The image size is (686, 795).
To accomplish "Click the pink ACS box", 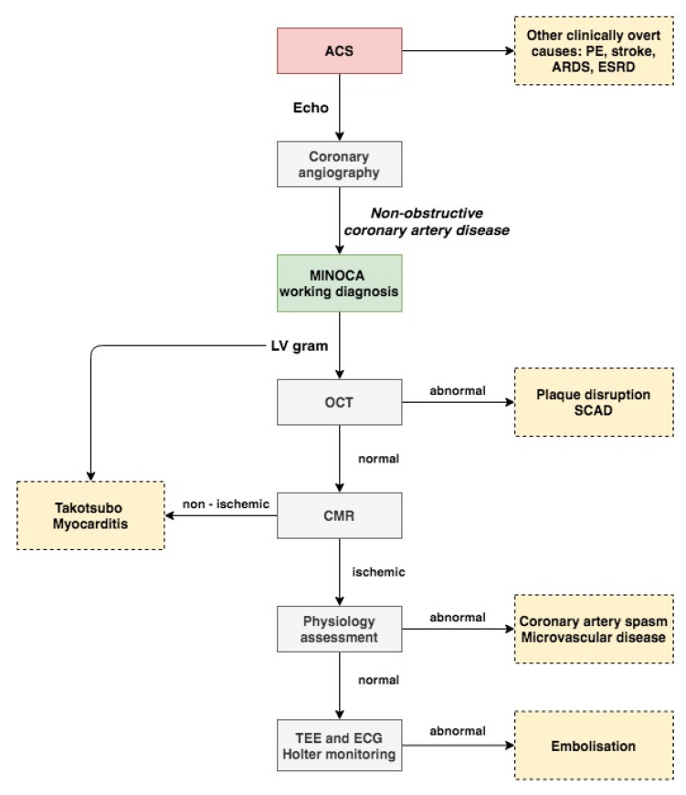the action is [340, 50].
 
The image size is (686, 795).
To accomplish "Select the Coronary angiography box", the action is [340, 164].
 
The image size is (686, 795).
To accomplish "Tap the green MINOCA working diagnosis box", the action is [340, 283].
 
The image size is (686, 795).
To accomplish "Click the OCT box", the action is [340, 402].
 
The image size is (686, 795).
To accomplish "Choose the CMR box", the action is [340, 515].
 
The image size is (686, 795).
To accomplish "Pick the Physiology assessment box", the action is [340, 630].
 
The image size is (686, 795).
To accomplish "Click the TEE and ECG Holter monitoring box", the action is [340, 746].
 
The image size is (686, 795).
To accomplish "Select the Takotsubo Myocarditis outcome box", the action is [90, 515].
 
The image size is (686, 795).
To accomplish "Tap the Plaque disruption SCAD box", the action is [594, 402].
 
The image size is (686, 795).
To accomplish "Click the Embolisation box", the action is [594, 746].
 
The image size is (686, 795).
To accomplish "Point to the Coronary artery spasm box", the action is [594, 630].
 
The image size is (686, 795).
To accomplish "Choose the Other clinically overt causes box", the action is [594, 50].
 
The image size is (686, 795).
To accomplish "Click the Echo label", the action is [311, 108].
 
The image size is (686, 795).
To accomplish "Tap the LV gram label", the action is [300, 345].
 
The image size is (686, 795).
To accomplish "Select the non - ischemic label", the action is [226, 504].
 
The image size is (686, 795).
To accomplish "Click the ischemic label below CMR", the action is [378, 572].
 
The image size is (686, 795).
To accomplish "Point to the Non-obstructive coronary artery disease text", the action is [427, 221].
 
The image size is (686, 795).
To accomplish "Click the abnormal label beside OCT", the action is [458, 390].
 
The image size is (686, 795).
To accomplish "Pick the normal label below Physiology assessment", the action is [378, 680].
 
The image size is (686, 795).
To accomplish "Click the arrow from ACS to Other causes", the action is [459, 50].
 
